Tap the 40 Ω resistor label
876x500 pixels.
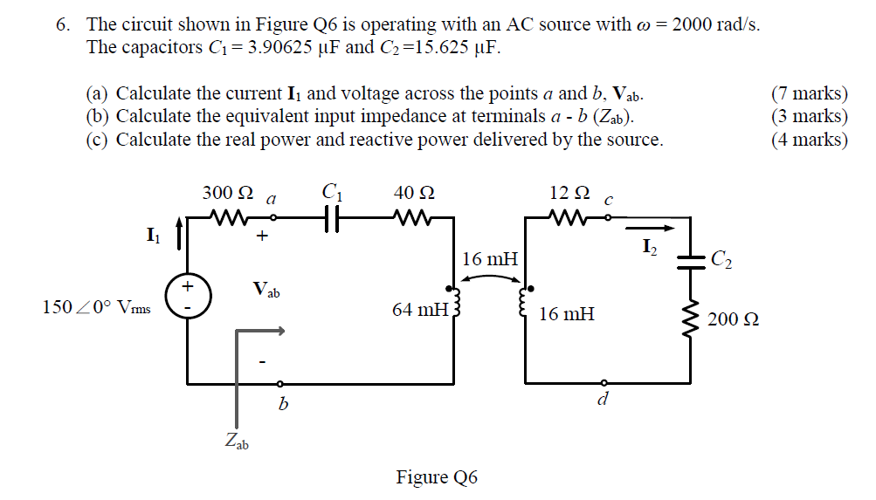(414, 194)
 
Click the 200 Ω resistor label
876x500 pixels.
(733, 319)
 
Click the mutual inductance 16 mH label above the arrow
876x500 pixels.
(489, 259)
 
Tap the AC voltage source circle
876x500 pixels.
(186, 297)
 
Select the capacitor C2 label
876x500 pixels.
(722, 258)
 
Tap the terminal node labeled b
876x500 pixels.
(279, 383)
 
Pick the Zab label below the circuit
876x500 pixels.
(236, 442)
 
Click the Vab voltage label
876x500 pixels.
(266, 288)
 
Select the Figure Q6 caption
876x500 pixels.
(437, 477)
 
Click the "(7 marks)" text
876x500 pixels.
(810, 93)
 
